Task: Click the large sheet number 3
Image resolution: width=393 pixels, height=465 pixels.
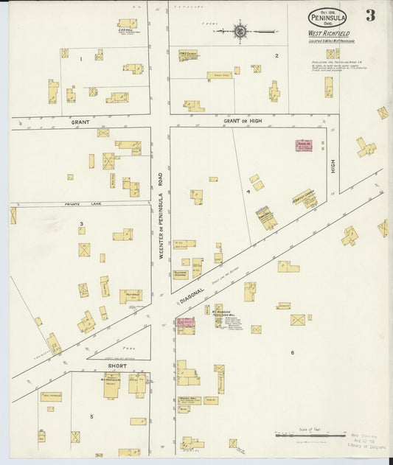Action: tap(369, 15)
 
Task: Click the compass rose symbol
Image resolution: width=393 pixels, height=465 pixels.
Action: tap(240, 31)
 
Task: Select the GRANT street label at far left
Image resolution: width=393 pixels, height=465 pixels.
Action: tap(80, 122)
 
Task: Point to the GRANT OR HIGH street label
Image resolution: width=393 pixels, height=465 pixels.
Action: tap(242, 119)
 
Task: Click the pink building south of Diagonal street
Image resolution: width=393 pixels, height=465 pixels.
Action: tap(185, 326)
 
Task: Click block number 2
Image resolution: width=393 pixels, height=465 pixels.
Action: tap(277, 55)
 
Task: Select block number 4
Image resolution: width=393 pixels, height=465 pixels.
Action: tap(248, 191)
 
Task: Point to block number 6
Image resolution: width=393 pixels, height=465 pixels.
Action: tap(292, 352)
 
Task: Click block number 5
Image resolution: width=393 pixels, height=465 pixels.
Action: tap(91, 416)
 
